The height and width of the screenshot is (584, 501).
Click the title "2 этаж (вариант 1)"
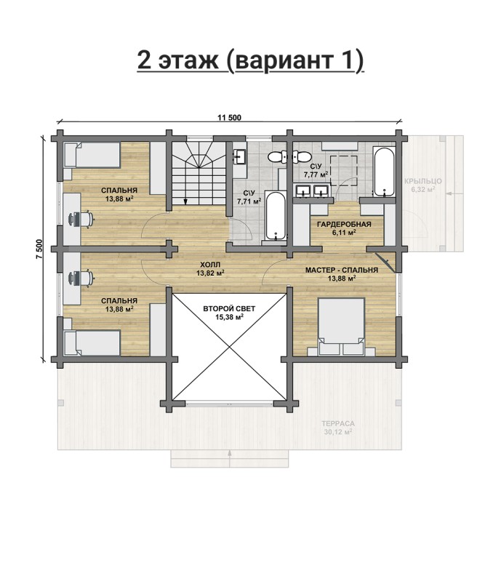tap(250, 60)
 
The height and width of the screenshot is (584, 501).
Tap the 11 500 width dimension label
tap(229, 118)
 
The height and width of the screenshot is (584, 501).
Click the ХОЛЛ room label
tap(210, 265)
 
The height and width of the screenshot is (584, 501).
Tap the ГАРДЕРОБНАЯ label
tap(344, 224)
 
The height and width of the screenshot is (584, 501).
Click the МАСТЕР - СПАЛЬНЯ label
tap(342, 270)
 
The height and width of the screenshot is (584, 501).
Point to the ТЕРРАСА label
tap(338, 423)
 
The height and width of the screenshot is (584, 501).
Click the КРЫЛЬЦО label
tap(423, 181)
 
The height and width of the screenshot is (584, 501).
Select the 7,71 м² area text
tap(249, 201)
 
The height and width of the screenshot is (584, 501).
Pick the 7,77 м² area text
tap(316, 174)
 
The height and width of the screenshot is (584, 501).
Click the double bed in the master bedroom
tap(341, 327)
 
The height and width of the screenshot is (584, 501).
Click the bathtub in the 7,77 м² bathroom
tap(384, 172)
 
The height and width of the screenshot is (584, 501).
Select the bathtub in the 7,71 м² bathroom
tap(276, 215)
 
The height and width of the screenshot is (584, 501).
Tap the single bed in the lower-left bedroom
tap(92, 343)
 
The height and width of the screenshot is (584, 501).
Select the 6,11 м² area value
tap(344, 233)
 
